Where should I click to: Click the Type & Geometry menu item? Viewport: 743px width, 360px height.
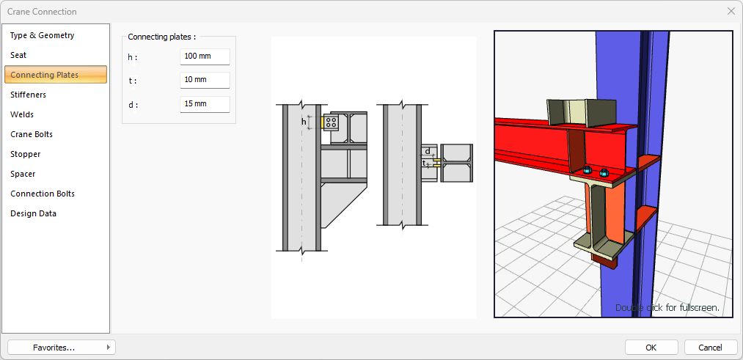tap(42, 35)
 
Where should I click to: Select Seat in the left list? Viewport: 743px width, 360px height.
tap(18, 56)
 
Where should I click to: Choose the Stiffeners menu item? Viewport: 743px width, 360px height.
tap(28, 95)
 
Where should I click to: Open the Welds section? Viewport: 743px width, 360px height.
tap(22, 114)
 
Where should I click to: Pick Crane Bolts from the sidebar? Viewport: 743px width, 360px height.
tap(32, 134)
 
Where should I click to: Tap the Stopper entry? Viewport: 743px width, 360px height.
tap(25, 155)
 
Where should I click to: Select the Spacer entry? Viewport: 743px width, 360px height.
tap(23, 175)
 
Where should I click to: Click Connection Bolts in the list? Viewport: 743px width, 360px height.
tap(42, 194)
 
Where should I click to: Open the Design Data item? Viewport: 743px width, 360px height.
tap(33, 213)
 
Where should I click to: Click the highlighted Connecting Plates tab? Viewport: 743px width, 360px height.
tap(56, 75)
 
